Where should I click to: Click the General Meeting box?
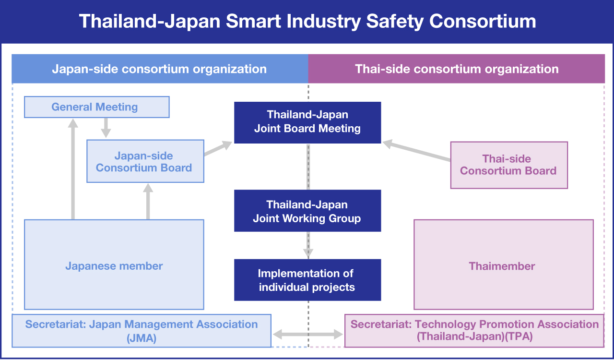[97, 107]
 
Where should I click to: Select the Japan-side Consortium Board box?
[145, 161]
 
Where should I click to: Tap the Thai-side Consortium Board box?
[509, 165]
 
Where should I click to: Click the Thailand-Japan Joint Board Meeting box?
[307, 122]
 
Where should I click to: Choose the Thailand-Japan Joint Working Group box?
[307, 211]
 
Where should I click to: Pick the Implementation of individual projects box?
[307, 280]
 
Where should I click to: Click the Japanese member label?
[114, 266]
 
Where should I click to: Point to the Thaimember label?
[502, 266]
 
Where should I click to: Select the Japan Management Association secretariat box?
[142, 331]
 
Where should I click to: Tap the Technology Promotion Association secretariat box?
[474, 331]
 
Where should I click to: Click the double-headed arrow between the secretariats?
[308, 334]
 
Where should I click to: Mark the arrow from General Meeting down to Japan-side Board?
[106, 128]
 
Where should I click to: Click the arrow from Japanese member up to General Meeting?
[73, 169]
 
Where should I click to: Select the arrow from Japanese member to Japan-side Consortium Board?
[148, 202]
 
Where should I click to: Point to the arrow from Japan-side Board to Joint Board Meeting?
[218, 148]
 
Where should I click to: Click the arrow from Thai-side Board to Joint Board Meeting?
[416, 150]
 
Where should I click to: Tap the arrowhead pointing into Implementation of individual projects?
[308, 253]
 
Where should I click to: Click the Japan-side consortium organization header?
[160, 69]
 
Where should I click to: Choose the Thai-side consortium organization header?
[457, 69]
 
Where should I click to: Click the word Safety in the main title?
[395, 22]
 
